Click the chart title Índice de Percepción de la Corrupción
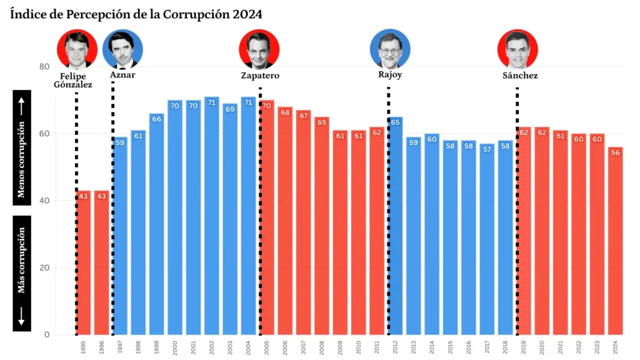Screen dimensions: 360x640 click(x=136, y=14)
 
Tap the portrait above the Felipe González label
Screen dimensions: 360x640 click(x=77, y=49)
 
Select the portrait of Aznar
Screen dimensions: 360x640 click(x=122, y=49)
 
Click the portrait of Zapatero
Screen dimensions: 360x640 click(x=259, y=49)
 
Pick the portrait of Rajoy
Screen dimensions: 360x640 click(x=390, y=49)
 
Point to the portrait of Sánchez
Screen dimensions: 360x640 click(x=517, y=49)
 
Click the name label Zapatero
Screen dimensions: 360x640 click(x=260, y=76)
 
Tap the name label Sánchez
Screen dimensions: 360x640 click(x=520, y=76)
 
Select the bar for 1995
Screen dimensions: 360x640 click(x=83, y=262)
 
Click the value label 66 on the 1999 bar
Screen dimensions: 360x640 click(x=157, y=119)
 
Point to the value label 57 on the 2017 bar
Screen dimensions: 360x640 click(x=487, y=149)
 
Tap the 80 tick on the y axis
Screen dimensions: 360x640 click(x=44, y=67)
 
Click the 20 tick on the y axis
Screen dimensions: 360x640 click(x=44, y=268)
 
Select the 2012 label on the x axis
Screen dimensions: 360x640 click(x=396, y=346)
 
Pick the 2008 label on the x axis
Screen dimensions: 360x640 click(x=322, y=346)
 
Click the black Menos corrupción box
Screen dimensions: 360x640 click(x=22, y=147)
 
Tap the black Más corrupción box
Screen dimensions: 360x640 click(x=22, y=273)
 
